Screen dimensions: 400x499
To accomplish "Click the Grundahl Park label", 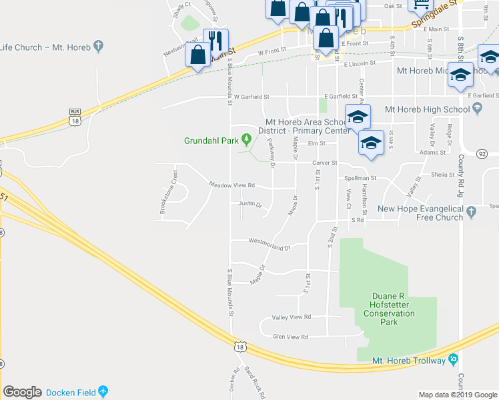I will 211,141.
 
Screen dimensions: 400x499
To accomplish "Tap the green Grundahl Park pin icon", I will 247,140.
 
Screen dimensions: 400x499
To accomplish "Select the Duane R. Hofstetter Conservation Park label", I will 394,309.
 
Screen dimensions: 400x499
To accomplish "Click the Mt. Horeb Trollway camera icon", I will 454,360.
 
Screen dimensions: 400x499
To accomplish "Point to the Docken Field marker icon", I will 103,391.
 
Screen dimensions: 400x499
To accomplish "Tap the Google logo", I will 23,392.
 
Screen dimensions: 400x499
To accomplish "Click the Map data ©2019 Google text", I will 457,395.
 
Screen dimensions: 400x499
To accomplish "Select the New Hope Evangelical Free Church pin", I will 472,213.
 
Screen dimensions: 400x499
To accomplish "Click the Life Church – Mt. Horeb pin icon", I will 99,47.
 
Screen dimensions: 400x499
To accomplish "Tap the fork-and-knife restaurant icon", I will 215,41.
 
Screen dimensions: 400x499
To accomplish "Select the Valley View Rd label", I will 292,317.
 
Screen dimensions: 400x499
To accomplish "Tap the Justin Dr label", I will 249,204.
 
